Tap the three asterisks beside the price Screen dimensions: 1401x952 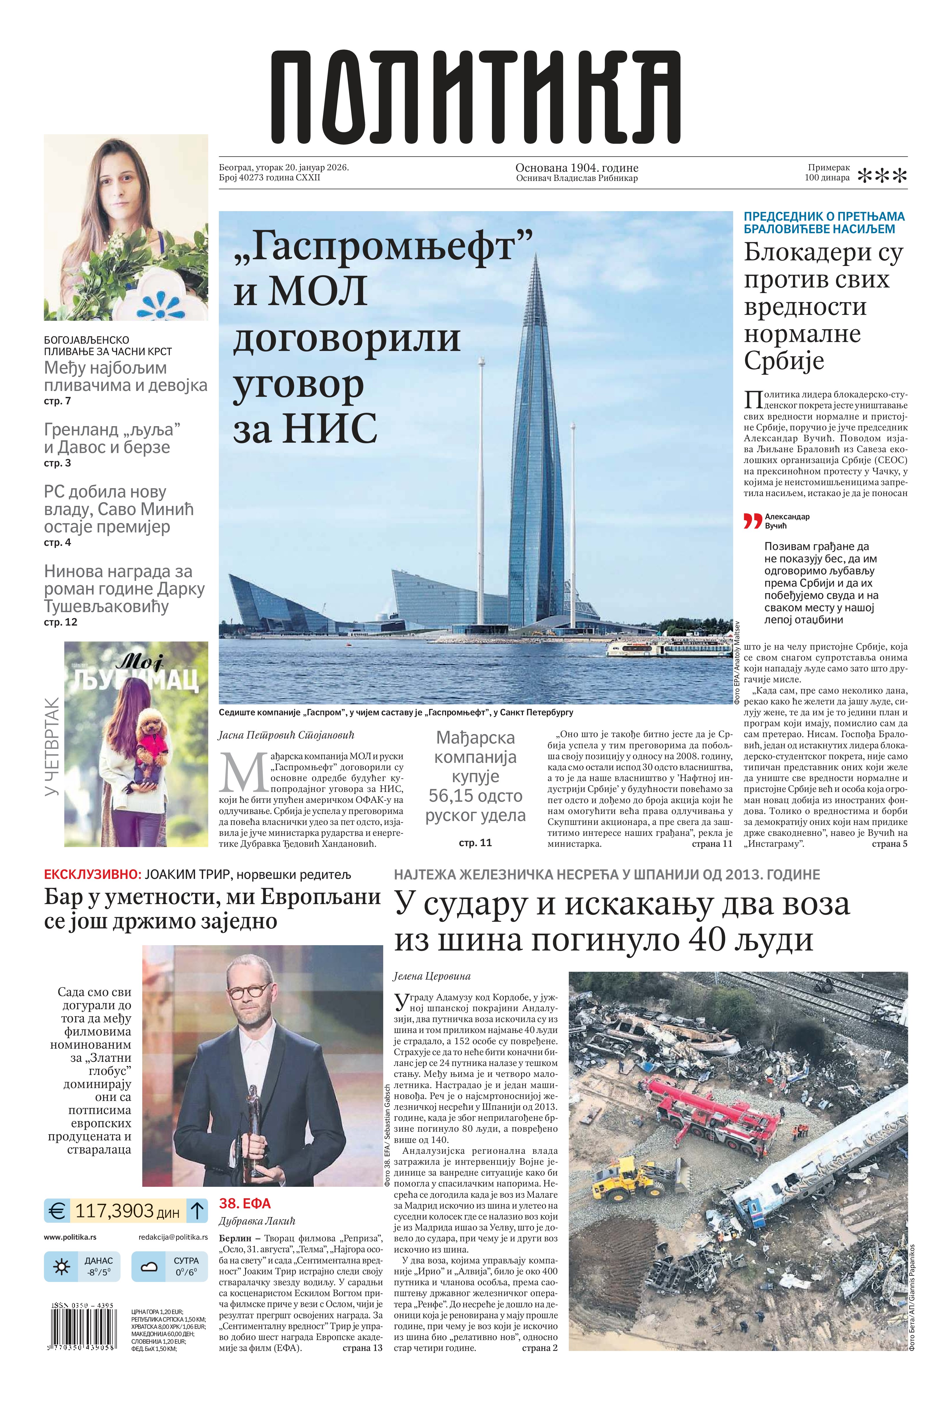(x=882, y=176)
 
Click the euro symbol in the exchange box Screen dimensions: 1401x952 (x=57, y=1211)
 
